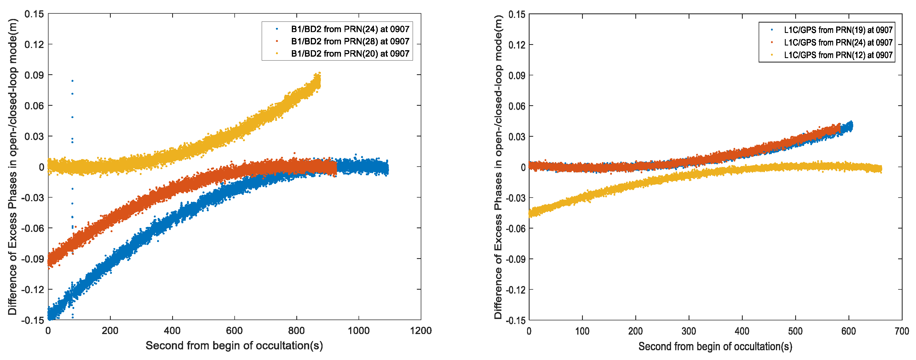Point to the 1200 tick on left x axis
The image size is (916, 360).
(x=421, y=330)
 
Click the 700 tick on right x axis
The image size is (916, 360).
(x=901, y=331)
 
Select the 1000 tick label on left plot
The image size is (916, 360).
(x=359, y=330)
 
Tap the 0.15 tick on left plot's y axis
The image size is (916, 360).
(x=34, y=14)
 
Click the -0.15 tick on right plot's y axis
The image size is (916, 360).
(x=516, y=320)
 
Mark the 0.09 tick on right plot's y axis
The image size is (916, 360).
(x=517, y=75)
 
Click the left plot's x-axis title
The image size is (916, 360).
(x=234, y=345)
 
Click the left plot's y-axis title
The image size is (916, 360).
(x=13, y=167)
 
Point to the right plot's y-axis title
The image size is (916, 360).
(x=498, y=167)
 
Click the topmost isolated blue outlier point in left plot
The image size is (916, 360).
(x=73, y=81)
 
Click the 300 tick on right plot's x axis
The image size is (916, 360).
(x=689, y=331)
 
